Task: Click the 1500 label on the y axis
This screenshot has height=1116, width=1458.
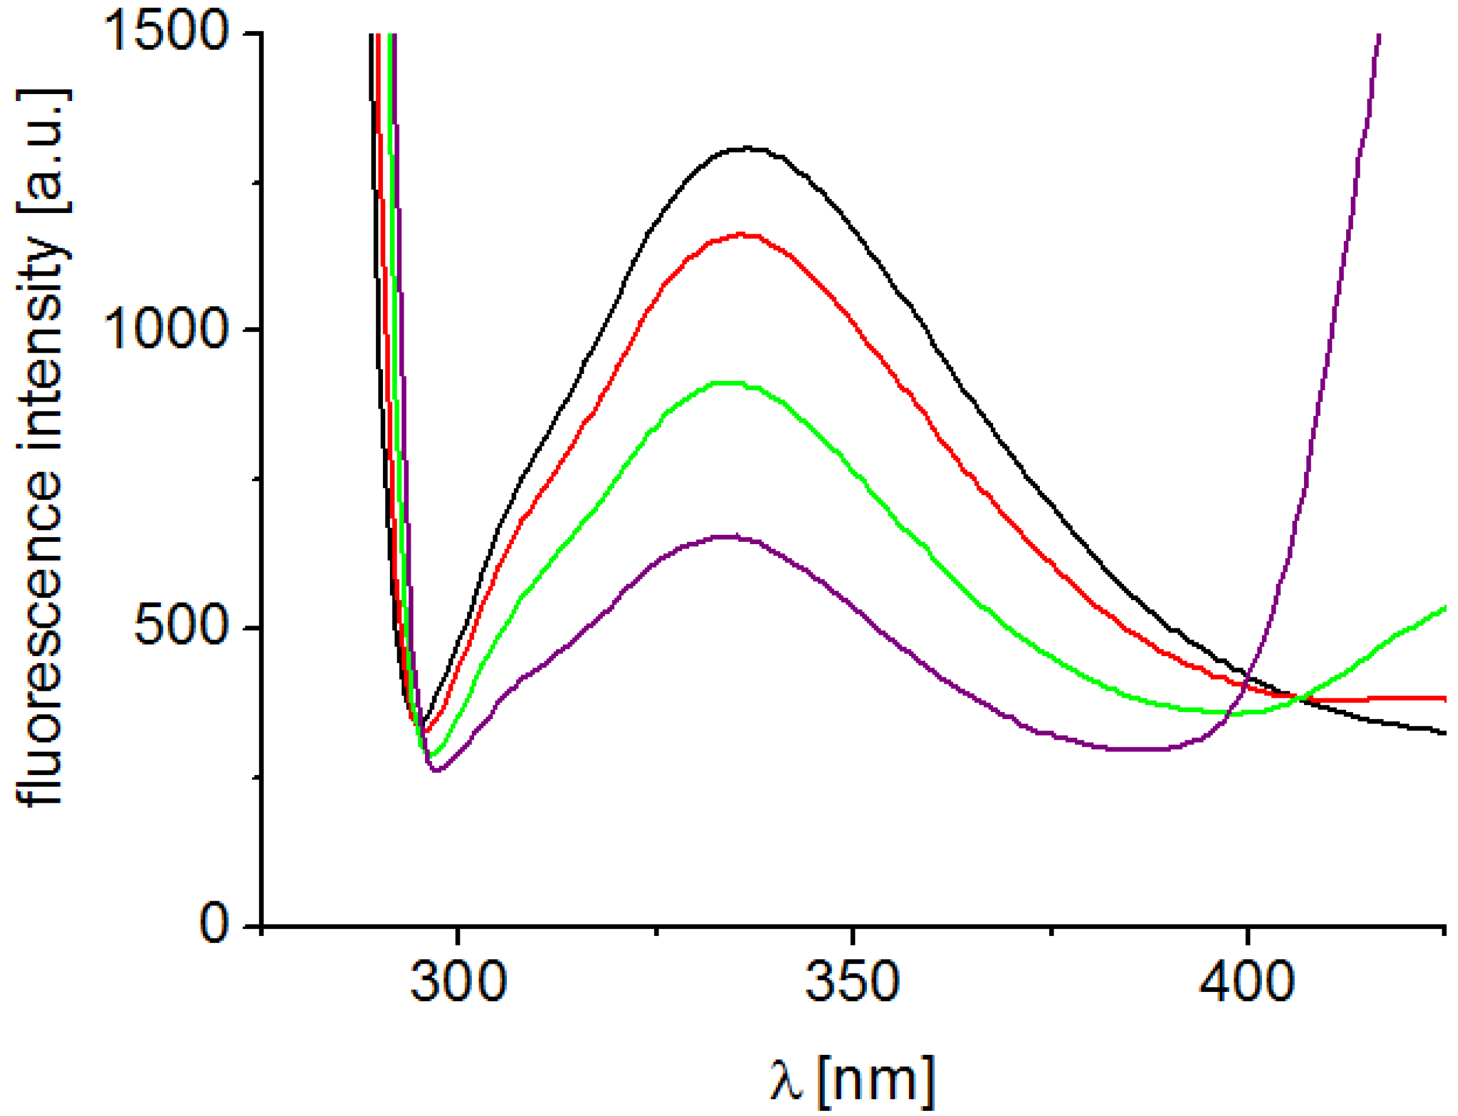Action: [166, 32]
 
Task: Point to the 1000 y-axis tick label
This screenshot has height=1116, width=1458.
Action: [166, 329]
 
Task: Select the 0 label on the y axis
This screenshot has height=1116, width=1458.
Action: [215, 923]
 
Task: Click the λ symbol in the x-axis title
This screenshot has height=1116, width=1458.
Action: [787, 1080]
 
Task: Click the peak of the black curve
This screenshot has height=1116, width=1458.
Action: [747, 148]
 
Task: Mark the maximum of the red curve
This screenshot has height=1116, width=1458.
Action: [741, 234]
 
